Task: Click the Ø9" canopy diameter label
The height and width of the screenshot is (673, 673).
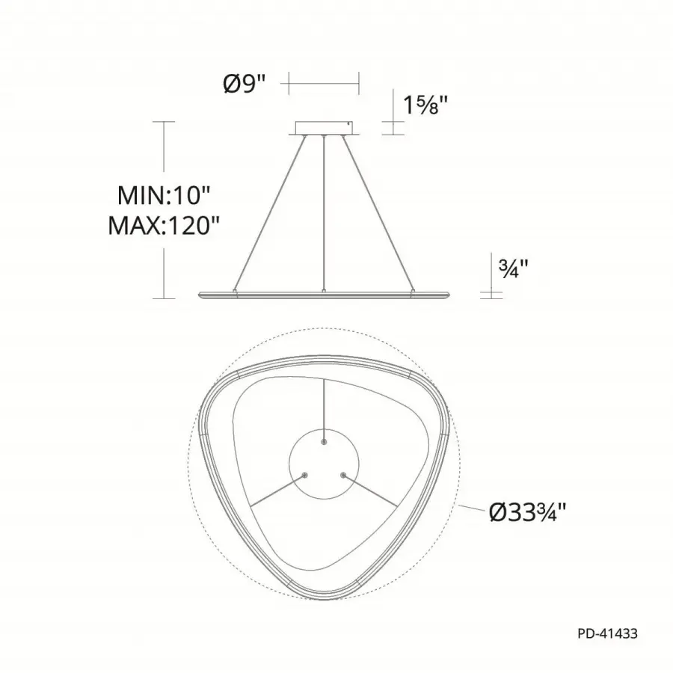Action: (245, 84)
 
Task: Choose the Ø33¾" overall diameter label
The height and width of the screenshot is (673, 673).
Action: (527, 512)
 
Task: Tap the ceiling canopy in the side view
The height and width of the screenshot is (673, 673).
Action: (324, 128)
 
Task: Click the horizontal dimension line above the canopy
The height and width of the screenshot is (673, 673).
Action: (324, 84)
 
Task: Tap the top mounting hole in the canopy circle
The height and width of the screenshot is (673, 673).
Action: (324, 442)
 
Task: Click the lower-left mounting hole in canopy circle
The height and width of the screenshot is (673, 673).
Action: (304, 475)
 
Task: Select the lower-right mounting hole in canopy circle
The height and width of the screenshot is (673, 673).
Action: (343, 475)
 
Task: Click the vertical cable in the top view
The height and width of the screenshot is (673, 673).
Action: (324, 408)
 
